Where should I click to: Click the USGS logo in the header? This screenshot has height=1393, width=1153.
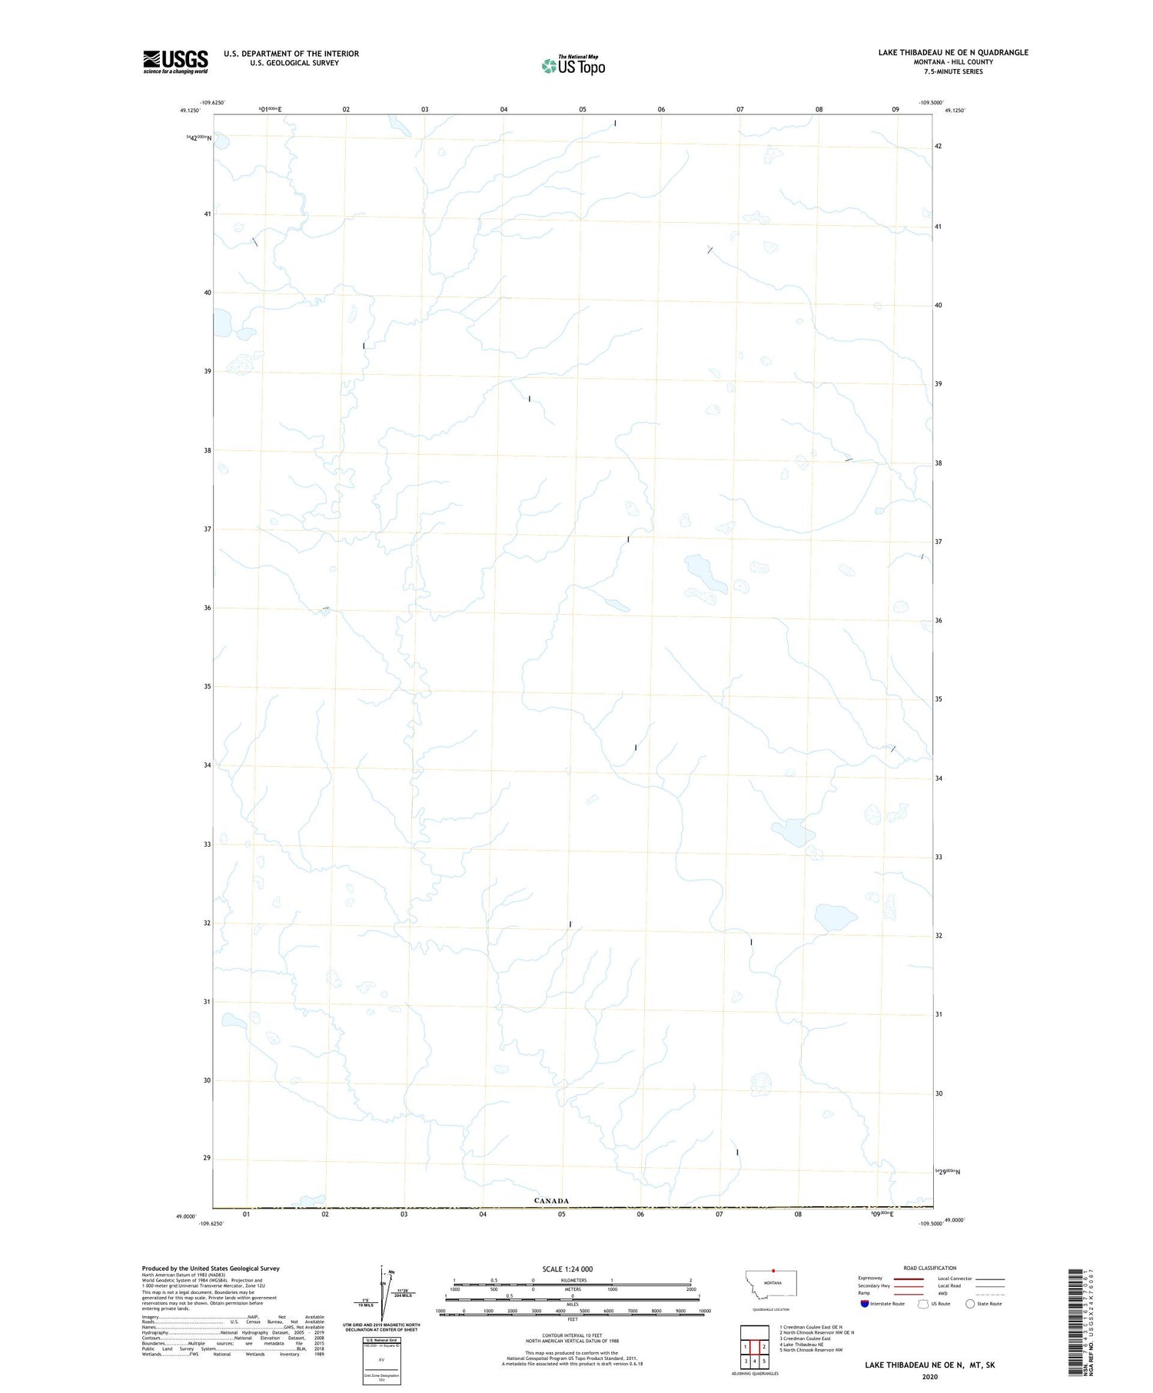point(175,61)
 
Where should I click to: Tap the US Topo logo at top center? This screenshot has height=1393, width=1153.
point(573,65)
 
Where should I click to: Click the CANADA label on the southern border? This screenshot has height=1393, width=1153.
point(551,1200)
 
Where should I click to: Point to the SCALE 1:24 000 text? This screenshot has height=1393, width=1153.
point(567,1269)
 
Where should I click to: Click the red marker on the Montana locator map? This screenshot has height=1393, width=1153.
point(774,1270)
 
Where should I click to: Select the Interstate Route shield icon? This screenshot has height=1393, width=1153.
point(865,1303)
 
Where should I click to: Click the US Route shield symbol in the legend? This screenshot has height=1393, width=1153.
point(924,1303)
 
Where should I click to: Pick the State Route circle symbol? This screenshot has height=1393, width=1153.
point(970,1303)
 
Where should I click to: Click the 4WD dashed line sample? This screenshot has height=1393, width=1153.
point(989,1293)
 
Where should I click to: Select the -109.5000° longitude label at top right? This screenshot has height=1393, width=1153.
point(930,102)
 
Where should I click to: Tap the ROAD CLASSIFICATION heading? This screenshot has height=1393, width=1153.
point(929,1268)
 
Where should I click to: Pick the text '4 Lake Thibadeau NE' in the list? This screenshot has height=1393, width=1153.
point(802,1345)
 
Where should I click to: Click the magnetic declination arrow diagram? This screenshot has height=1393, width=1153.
point(383,1292)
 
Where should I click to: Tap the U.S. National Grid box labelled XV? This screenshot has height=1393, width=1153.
point(381,1361)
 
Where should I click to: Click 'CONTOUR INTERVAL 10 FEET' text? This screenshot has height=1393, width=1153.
point(573,1335)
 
